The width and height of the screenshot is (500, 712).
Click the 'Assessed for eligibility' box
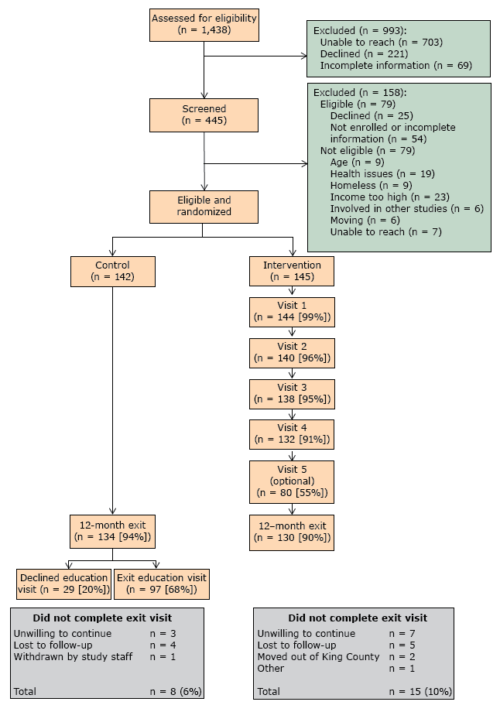(204, 25)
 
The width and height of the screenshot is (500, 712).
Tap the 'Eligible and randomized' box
(203, 206)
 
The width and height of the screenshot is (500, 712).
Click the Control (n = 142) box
(112, 270)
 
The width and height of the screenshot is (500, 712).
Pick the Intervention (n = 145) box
(292, 270)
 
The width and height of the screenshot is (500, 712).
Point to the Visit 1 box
(292, 310)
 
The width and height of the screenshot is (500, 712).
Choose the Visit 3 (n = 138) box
(292, 393)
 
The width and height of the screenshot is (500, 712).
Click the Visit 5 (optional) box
(292, 481)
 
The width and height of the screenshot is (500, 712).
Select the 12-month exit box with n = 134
(112, 531)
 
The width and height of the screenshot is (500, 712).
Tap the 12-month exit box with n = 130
(292, 531)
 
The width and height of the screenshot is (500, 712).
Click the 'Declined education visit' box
(63, 584)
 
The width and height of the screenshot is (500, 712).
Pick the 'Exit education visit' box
(161, 584)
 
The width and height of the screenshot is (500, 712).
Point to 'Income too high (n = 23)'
(389, 197)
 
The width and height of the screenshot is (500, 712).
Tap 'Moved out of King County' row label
(318, 657)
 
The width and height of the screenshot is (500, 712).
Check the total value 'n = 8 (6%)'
(176, 691)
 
